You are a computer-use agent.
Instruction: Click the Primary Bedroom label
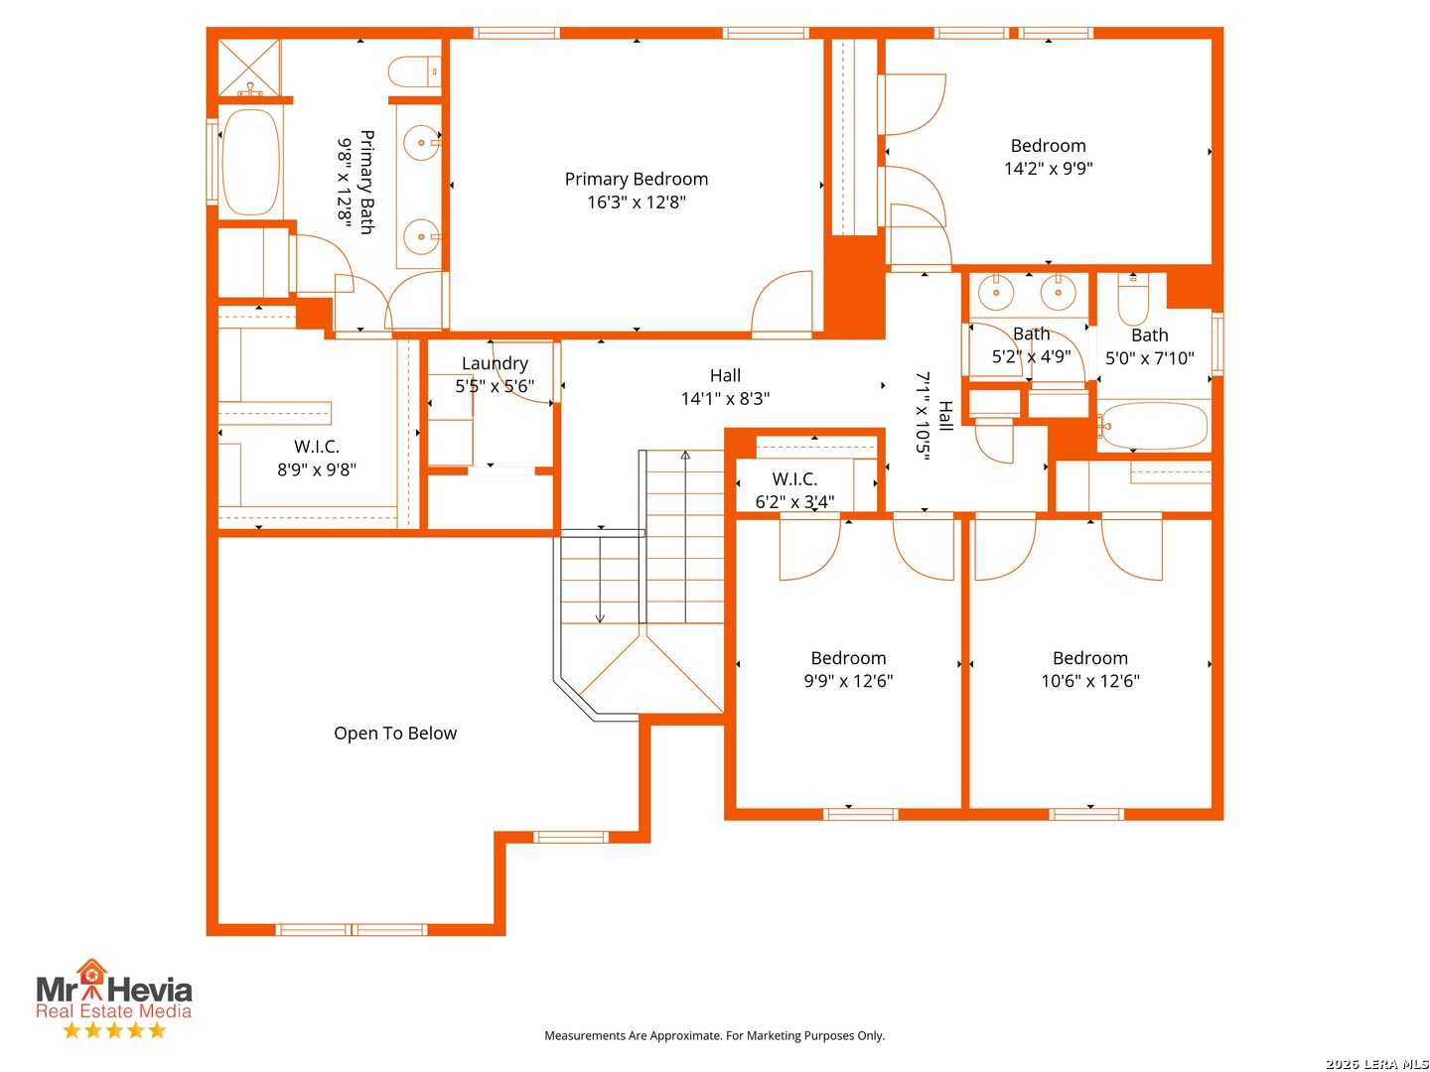coord(636,179)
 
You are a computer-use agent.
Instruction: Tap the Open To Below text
coord(395,733)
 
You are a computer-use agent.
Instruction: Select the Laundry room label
coord(495,363)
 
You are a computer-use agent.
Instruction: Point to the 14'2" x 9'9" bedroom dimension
coord(1048,169)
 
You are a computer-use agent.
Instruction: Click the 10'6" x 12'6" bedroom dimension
coord(1090,681)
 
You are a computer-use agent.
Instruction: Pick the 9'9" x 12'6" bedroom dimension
coord(848,681)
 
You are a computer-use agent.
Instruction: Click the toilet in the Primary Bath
coord(414,70)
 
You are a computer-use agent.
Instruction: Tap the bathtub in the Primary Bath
coord(251,162)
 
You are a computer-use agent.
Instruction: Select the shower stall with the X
coord(249,67)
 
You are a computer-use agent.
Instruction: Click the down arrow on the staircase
coord(600,580)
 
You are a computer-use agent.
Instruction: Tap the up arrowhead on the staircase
coord(684,456)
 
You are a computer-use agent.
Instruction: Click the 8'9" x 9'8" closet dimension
coord(317,469)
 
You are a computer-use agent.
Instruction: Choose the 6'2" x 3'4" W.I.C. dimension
coord(794,502)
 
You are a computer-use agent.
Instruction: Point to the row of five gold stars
coord(114,1029)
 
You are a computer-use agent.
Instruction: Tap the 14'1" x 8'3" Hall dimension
coord(725,398)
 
